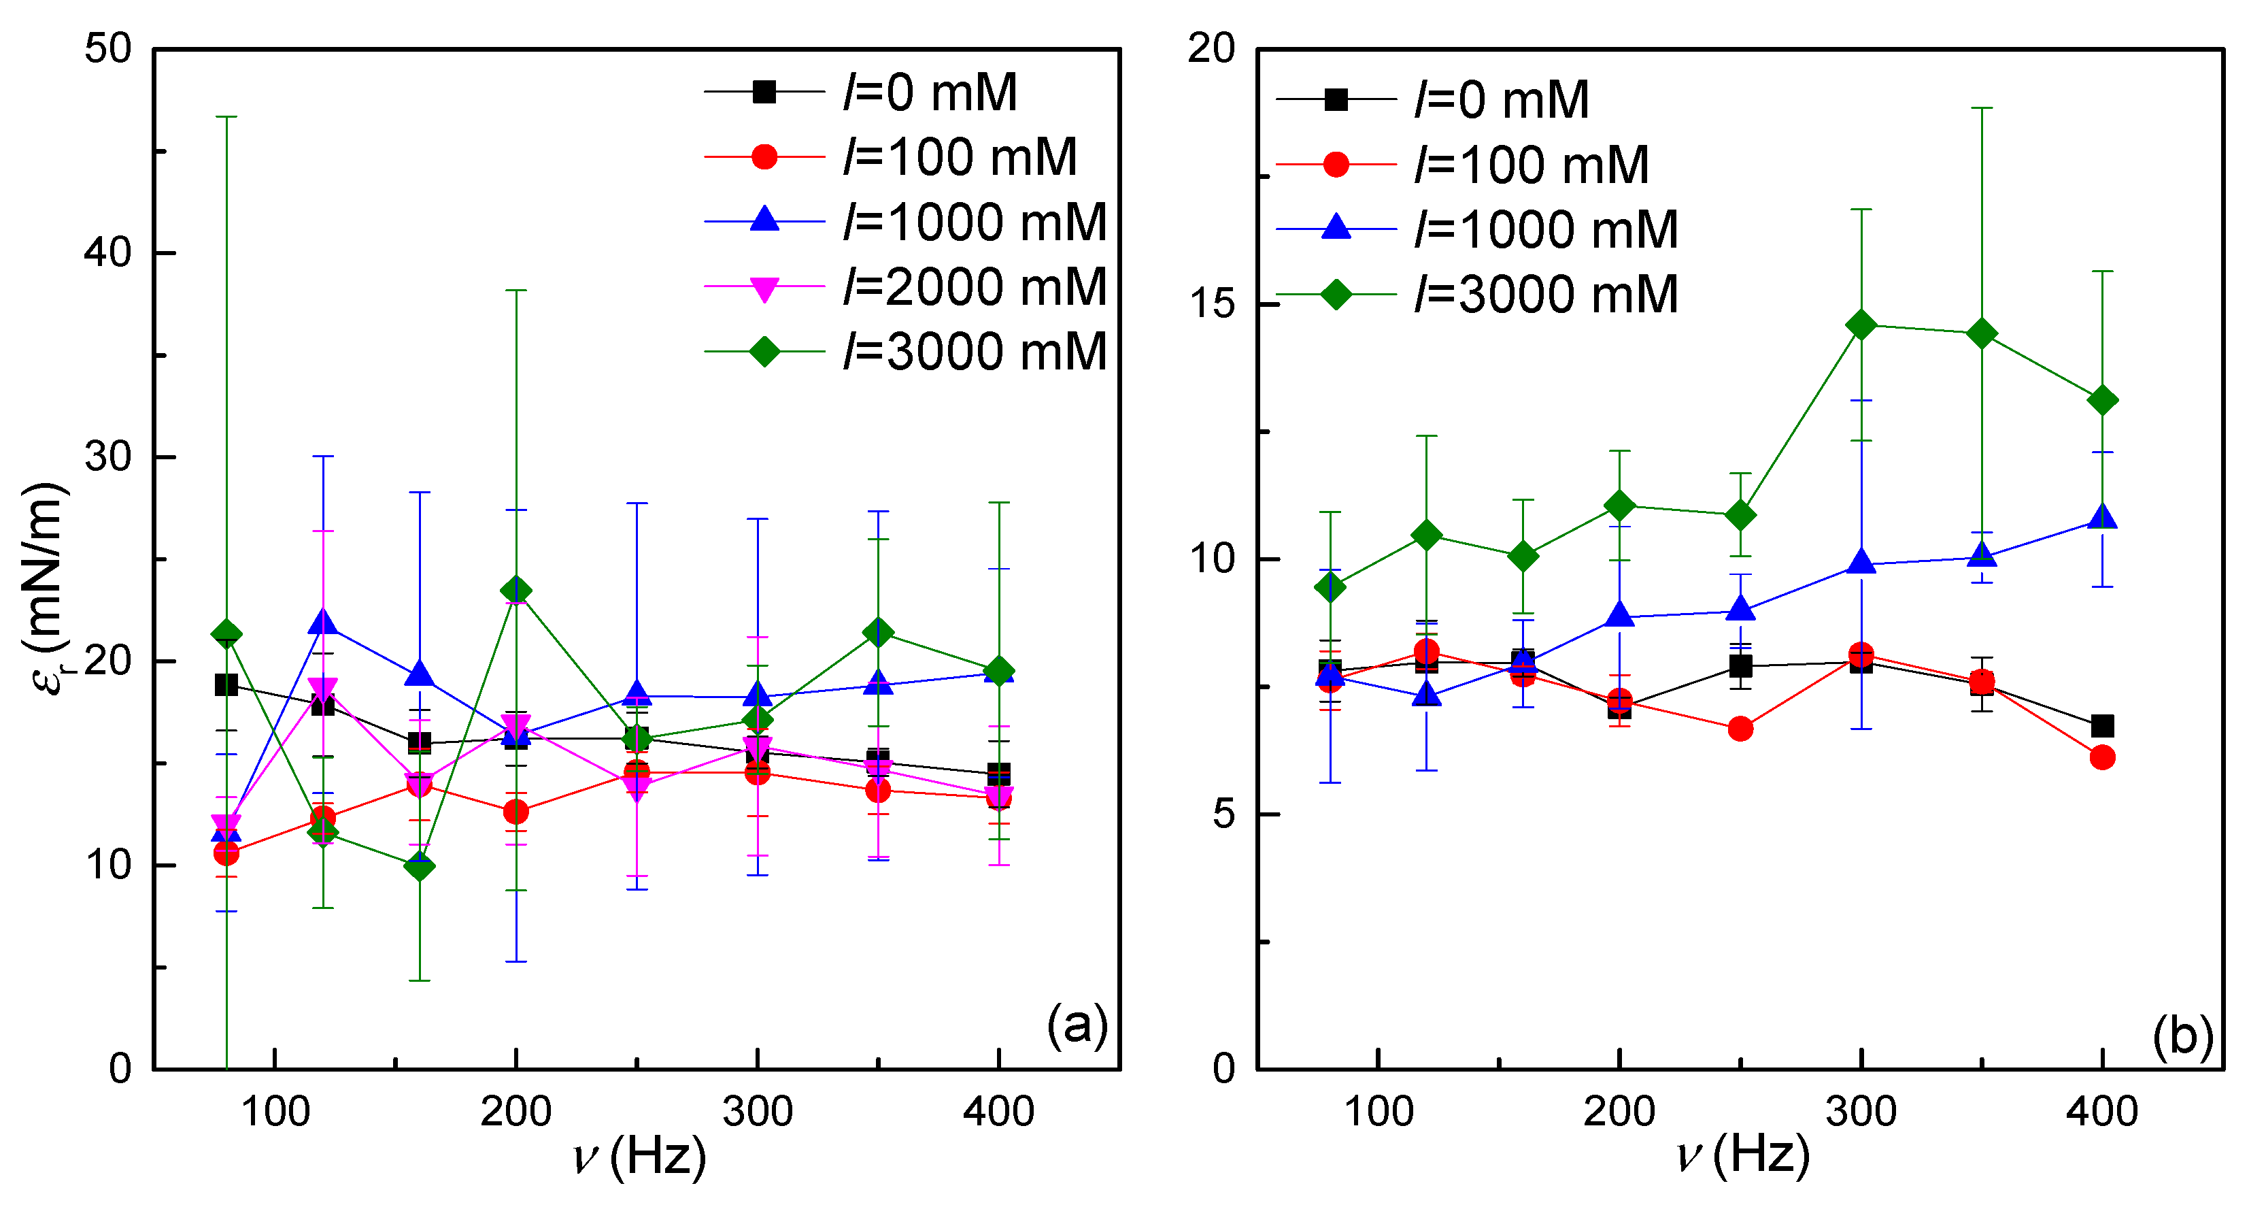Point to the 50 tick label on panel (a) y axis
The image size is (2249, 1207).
coord(107,48)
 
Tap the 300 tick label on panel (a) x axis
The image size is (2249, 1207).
coord(757,1112)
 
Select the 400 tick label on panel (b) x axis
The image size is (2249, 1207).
coord(2101,1112)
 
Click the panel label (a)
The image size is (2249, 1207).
coord(1077,1023)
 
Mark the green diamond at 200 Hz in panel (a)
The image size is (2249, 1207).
coord(516,591)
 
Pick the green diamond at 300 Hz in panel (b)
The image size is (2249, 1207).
coord(1861,325)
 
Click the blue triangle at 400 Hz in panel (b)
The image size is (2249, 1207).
coord(2102,517)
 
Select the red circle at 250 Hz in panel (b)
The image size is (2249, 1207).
coord(1740,729)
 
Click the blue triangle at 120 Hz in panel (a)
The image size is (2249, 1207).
coord(323,622)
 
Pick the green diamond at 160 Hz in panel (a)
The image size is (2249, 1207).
coord(420,866)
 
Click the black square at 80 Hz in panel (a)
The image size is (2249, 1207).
coord(226,684)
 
